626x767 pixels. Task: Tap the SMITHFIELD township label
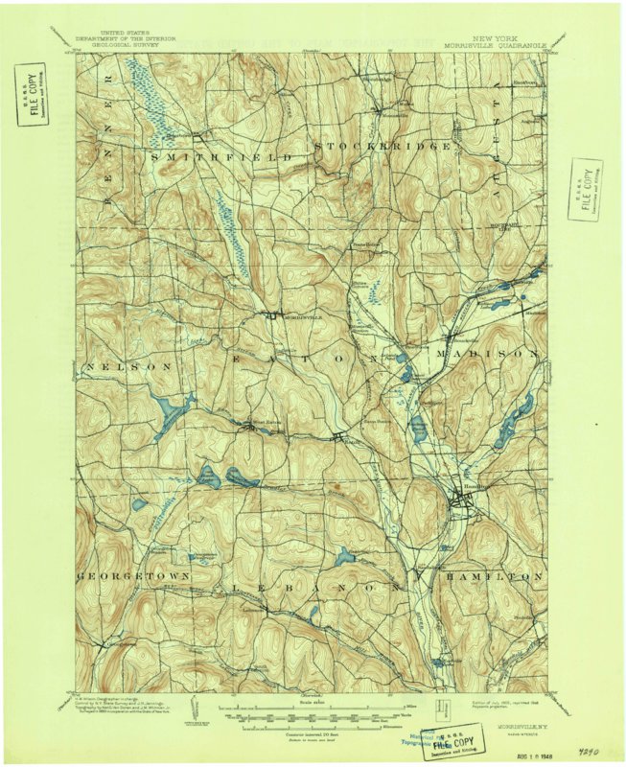click(219, 153)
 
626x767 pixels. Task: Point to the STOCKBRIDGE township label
click(383, 146)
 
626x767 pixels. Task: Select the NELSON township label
click(128, 367)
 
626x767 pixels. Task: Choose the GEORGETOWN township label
click(130, 577)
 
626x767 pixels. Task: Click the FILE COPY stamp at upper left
click(31, 94)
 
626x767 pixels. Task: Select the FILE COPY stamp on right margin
click(586, 187)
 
